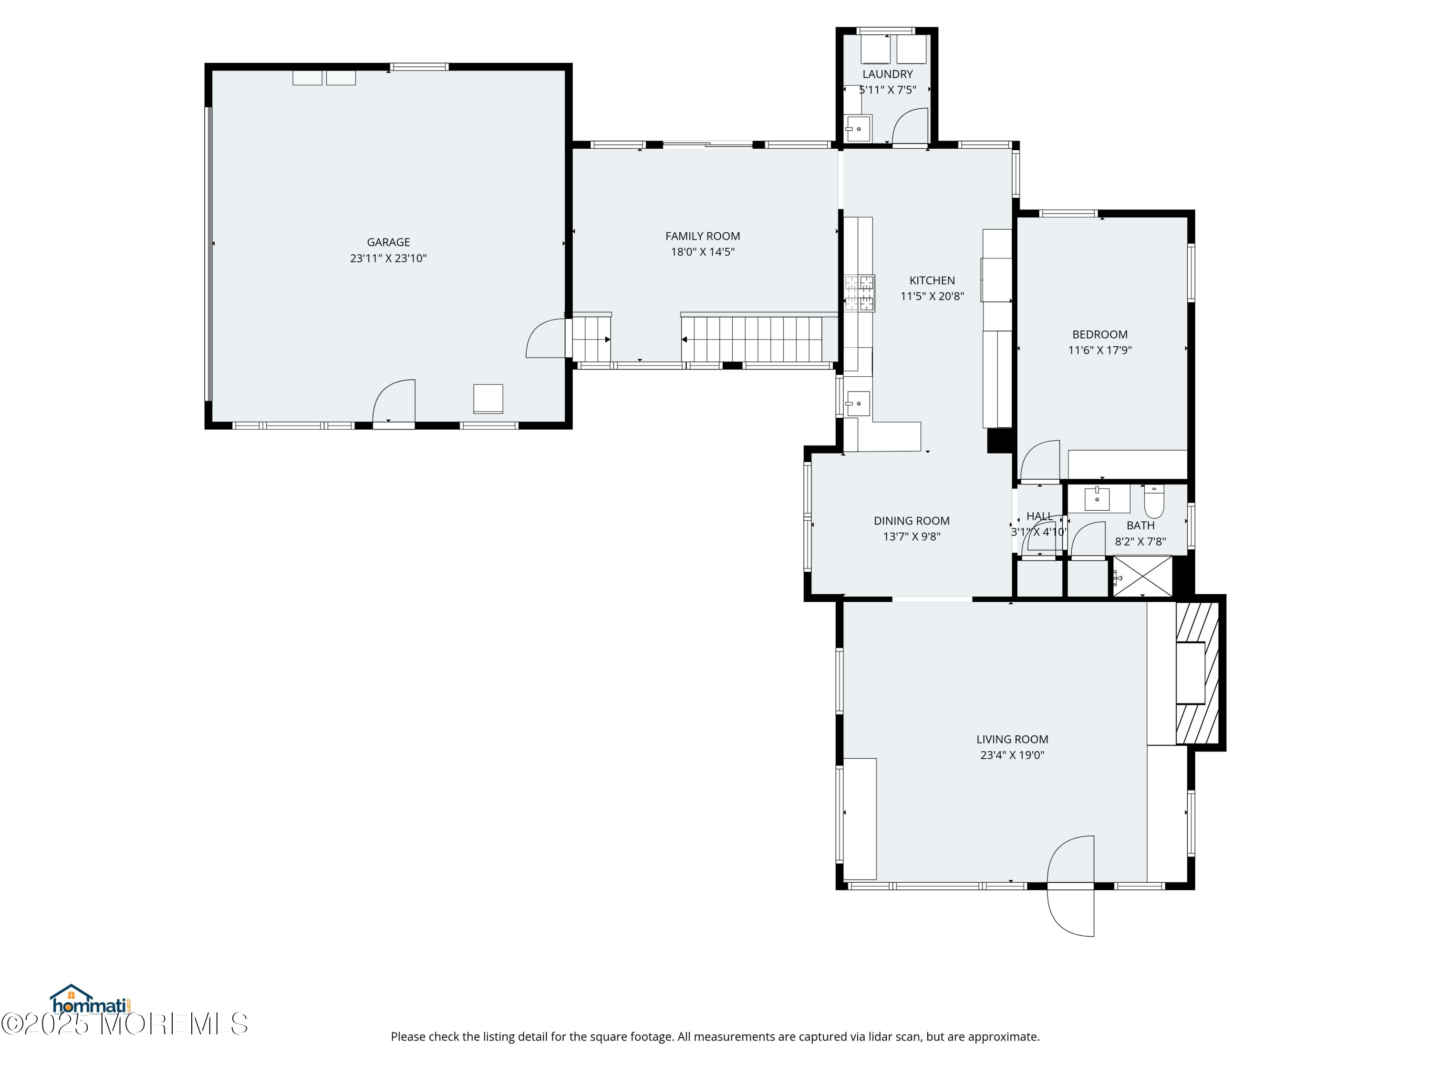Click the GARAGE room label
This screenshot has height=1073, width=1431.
[388, 242]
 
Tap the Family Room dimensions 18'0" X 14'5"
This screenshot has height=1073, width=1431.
[703, 252]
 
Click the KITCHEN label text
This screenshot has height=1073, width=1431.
[932, 280]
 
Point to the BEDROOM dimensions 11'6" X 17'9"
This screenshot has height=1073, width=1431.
[1100, 350]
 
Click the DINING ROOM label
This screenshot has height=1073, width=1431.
[912, 521]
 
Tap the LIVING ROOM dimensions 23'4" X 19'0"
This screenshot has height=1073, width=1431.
[1012, 755]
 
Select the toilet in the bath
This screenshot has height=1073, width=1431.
[1153, 502]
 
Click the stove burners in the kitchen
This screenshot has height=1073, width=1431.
[859, 293]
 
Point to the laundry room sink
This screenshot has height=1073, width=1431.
[858, 129]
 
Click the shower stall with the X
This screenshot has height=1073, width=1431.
[1142, 576]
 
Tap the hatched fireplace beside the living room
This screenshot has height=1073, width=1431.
[1197, 672]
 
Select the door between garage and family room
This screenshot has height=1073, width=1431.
[547, 338]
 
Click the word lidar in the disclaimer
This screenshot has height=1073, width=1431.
[881, 1037]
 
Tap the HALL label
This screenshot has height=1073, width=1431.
[1039, 516]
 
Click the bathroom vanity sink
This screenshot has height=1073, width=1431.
[1097, 499]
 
